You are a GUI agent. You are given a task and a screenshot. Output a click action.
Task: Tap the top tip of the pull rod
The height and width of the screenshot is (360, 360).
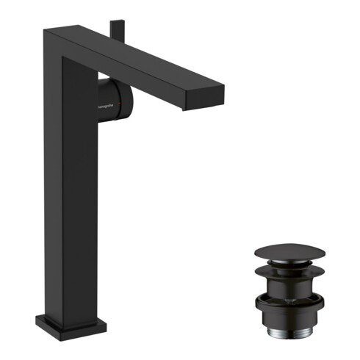(x=114, y=23)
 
